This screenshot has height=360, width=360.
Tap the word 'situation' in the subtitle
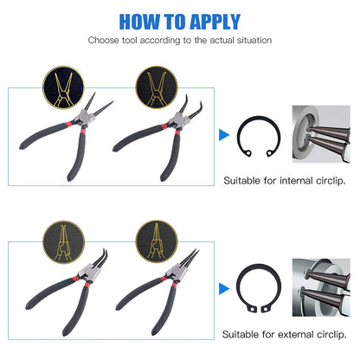[252, 40]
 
